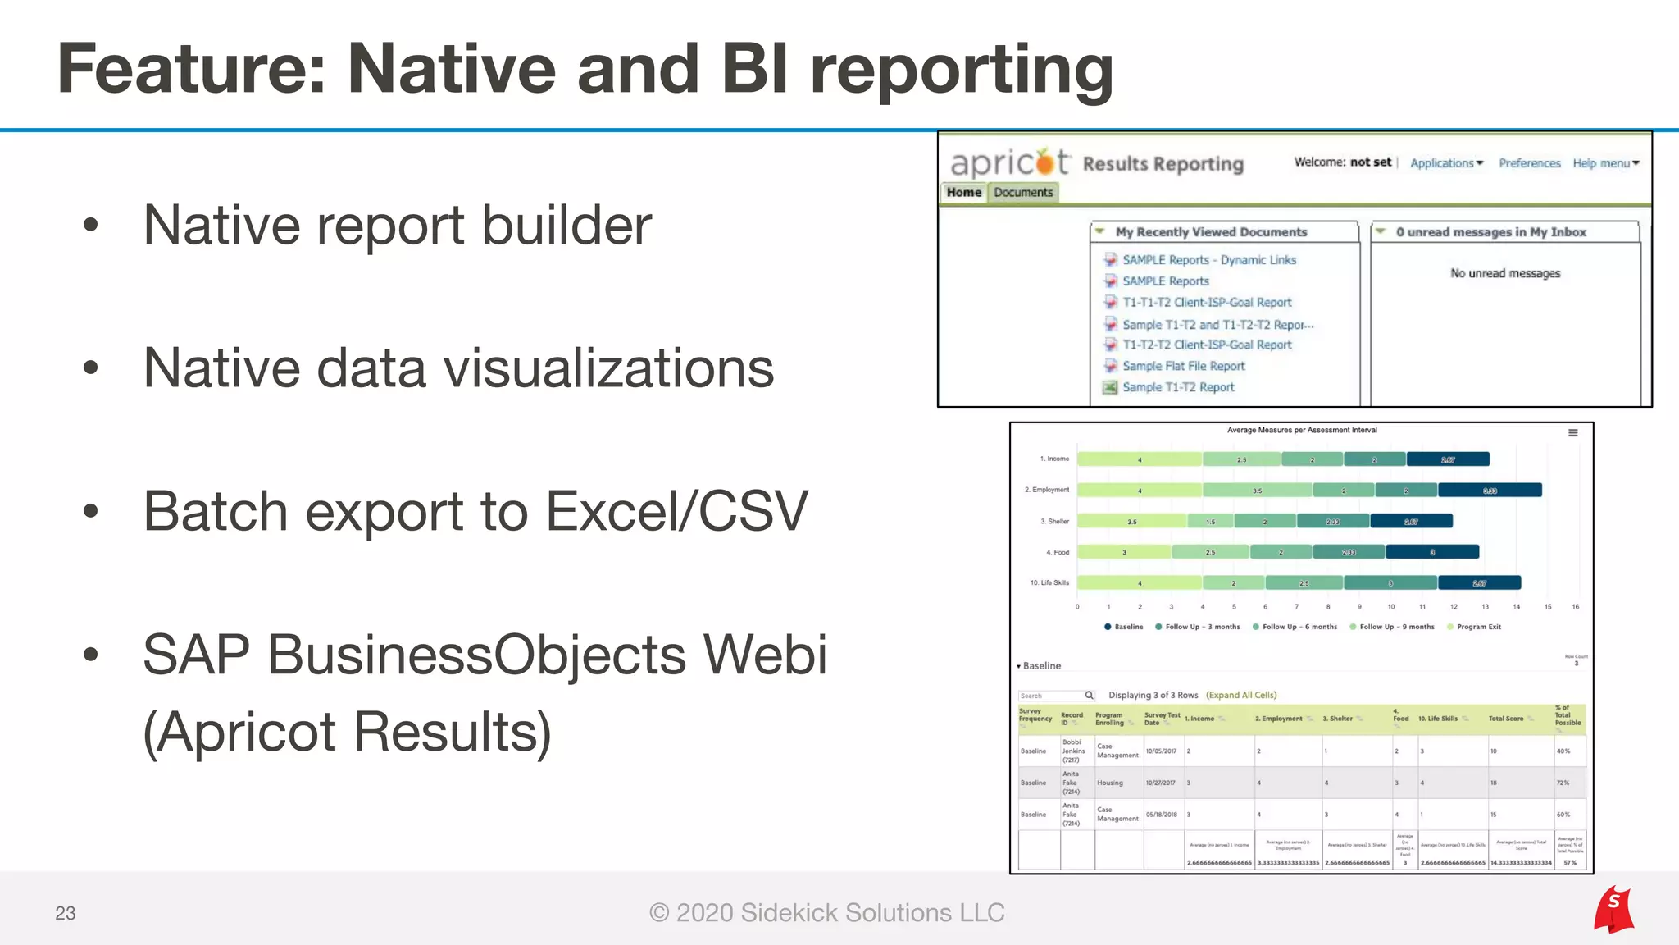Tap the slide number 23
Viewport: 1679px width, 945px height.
point(66,913)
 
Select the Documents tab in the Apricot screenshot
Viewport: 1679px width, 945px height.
point(1023,192)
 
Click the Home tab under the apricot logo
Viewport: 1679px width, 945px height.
point(963,192)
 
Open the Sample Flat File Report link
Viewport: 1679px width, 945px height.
point(1183,366)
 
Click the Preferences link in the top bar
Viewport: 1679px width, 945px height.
point(1529,163)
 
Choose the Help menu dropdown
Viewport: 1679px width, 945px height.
point(1605,163)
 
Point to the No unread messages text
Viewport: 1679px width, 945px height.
point(1505,273)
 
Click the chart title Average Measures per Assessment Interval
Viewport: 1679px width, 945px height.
point(1302,430)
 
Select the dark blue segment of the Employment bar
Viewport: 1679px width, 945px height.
point(1490,491)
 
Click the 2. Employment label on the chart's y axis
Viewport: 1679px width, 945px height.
point(1047,490)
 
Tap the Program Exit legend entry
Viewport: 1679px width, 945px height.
point(1478,627)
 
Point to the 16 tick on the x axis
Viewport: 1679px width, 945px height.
point(1575,607)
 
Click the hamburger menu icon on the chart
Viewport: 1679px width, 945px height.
point(1572,433)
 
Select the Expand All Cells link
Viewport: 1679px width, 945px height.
point(1241,695)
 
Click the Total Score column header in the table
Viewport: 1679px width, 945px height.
point(1506,719)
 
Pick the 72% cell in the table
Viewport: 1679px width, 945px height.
point(1563,783)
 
